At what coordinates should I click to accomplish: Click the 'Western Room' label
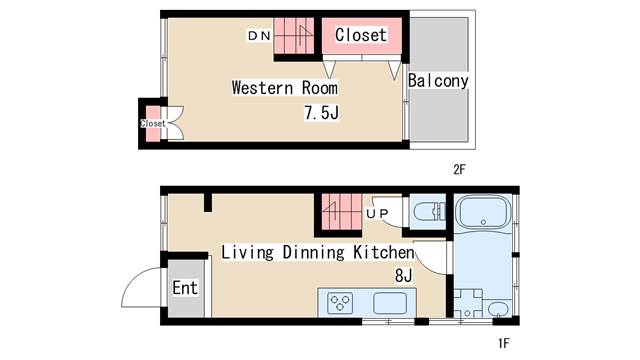[285, 88]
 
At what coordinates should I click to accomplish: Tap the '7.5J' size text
[322, 112]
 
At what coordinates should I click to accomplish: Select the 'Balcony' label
[438, 81]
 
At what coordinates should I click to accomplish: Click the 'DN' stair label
[260, 36]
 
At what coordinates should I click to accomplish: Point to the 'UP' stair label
[377, 213]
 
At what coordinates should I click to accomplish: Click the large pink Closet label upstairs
[361, 35]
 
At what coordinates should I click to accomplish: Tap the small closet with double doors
[153, 123]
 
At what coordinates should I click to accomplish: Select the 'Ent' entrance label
[185, 288]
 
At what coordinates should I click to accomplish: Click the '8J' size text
[403, 276]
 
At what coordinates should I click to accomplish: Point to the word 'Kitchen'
[384, 252]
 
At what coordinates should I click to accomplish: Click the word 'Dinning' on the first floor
[313, 252]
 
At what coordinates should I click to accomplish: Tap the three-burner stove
[340, 303]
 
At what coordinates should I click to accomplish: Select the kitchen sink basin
[390, 303]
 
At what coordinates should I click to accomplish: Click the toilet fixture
[429, 212]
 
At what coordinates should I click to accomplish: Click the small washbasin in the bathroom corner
[498, 309]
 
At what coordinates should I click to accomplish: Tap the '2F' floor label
[459, 169]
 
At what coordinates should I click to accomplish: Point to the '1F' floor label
[504, 343]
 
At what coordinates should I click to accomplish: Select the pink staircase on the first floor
[342, 212]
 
